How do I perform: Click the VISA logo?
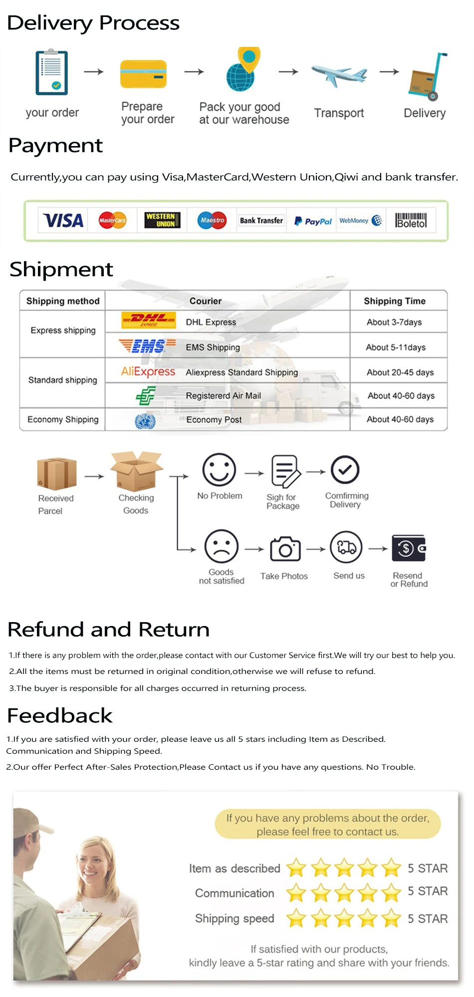pos(63,220)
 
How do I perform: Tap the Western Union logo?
pos(162,220)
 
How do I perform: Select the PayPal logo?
pos(313,221)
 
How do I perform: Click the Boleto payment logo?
pos(411,220)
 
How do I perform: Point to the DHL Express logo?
pos(148,320)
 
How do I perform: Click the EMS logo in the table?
pos(147,345)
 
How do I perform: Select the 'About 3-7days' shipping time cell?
pos(394,322)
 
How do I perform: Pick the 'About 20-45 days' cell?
pos(400,372)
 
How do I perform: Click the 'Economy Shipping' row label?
pos(63,419)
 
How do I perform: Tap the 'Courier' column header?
pos(205,301)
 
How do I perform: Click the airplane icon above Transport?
pos(339,75)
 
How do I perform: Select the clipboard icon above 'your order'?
pos(51,72)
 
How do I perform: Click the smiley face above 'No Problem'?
pos(219,470)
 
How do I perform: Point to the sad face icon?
pos(221,546)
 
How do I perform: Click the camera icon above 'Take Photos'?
pos(285,549)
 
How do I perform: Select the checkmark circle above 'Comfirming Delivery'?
pos(345,470)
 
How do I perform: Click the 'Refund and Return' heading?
pos(108,630)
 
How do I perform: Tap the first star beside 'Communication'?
pos(296,893)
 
